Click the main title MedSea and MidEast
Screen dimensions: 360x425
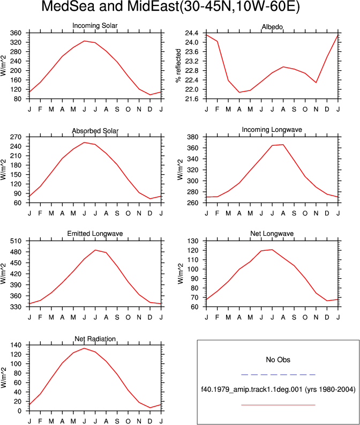point(171,6)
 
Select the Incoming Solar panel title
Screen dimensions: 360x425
point(95,26)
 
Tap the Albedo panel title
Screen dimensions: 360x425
point(272,27)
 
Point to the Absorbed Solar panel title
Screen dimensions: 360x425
point(95,131)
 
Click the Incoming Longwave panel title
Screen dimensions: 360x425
point(272,130)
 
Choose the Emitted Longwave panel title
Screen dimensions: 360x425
point(95,234)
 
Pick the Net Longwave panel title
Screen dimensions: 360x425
point(272,234)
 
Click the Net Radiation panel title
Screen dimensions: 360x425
point(95,339)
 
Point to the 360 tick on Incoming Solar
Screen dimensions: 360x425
point(16,33)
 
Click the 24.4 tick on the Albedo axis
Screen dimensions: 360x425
point(191,33)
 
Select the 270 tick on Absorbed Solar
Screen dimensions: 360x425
point(16,137)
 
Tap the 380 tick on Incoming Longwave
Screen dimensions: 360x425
point(193,137)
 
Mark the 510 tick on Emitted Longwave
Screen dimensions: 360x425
point(16,241)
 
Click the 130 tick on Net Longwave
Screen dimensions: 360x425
point(193,241)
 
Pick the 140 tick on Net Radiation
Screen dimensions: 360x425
point(16,345)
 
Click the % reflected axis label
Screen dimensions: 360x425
point(178,65)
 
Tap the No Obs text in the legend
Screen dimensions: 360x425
point(278,360)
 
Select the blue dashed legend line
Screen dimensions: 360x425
point(278,375)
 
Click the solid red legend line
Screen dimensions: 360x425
point(278,405)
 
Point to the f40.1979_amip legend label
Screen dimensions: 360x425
point(278,390)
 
